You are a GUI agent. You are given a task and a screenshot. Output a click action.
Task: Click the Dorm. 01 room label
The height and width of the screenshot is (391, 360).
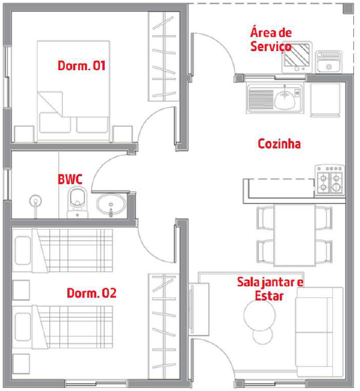81,66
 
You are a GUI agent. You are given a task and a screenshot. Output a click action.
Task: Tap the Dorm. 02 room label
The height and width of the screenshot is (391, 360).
91,293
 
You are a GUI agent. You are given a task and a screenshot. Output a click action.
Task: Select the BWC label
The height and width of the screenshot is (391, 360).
70,179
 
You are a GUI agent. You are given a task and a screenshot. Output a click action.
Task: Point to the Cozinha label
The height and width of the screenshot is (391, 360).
279,144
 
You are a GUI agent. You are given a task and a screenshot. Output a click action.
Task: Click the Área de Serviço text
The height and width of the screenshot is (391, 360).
271,39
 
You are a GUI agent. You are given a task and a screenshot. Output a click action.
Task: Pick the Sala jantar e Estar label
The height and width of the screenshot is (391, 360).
270,289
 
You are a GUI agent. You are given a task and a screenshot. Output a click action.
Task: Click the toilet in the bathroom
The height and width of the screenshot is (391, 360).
78,202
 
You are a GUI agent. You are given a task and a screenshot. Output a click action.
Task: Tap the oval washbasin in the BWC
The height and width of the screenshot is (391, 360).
111,204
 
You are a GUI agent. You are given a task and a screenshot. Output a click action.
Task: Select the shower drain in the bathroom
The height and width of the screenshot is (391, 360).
36,201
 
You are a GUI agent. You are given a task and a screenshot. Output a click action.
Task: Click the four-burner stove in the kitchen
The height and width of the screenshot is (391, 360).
330,180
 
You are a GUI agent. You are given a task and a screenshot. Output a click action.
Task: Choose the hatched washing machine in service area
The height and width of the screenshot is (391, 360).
297,57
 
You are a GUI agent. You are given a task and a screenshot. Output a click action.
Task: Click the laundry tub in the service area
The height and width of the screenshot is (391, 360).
329,62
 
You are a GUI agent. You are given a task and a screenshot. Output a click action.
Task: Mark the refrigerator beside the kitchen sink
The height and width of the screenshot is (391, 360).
325,100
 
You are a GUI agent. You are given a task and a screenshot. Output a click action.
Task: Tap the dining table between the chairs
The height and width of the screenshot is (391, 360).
295,235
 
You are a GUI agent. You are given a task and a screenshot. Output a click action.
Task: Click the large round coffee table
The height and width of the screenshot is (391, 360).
260,315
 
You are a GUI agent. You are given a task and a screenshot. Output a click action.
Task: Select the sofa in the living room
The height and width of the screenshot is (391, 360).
319,332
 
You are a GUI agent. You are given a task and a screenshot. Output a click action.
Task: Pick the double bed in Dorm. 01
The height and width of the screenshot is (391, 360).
73,91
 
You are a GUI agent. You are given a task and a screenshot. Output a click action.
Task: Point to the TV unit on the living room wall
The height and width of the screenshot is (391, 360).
198,309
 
